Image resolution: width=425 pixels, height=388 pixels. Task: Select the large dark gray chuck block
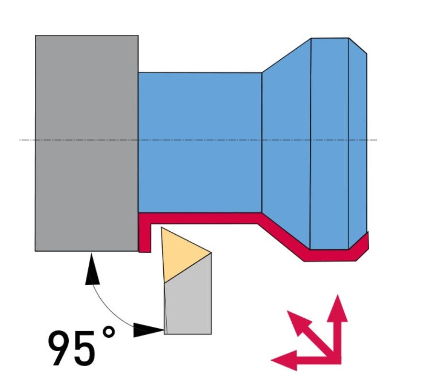pyautogui.click(x=87, y=143)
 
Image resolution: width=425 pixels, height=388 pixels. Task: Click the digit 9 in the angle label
pyautogui.click(x=60, y=348)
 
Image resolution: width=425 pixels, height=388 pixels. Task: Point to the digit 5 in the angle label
pyautogui.click(x=85, y=348)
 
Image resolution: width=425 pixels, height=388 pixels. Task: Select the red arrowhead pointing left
pyautogui.click(x=284, y=360)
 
